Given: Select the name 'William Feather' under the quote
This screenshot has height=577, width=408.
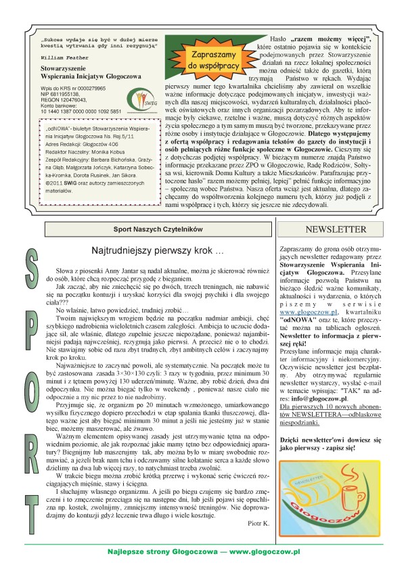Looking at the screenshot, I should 64,57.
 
